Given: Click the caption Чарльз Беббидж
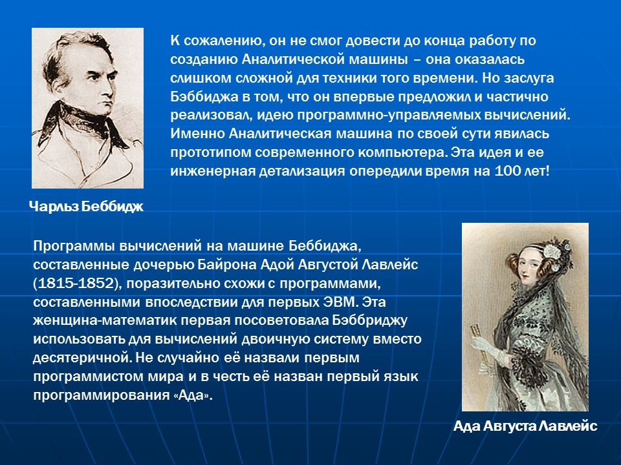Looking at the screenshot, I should [x=85, y=206].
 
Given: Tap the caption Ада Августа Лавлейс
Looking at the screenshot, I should [x=525, y=427].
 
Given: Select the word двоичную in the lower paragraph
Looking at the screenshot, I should [x=293, y=339].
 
